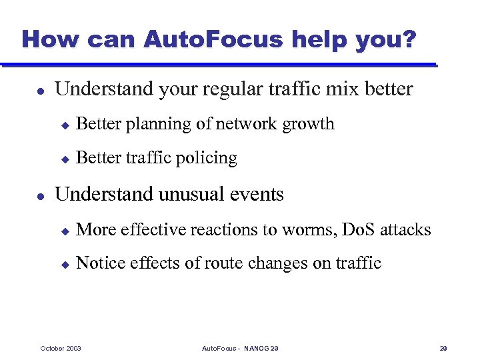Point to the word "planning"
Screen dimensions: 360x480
[159, 124]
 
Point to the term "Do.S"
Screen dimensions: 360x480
[358, 230]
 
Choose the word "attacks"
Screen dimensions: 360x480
[406, 230]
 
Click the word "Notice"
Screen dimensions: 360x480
[99, 263]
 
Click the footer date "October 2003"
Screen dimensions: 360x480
[61, 349]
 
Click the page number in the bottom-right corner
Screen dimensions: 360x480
[443, 349]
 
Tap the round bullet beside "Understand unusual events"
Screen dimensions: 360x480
[41, 195]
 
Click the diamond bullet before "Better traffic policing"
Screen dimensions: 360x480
[65, 159]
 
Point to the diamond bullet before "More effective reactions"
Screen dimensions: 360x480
[65, 231]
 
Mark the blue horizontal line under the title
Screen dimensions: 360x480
[220, 65]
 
